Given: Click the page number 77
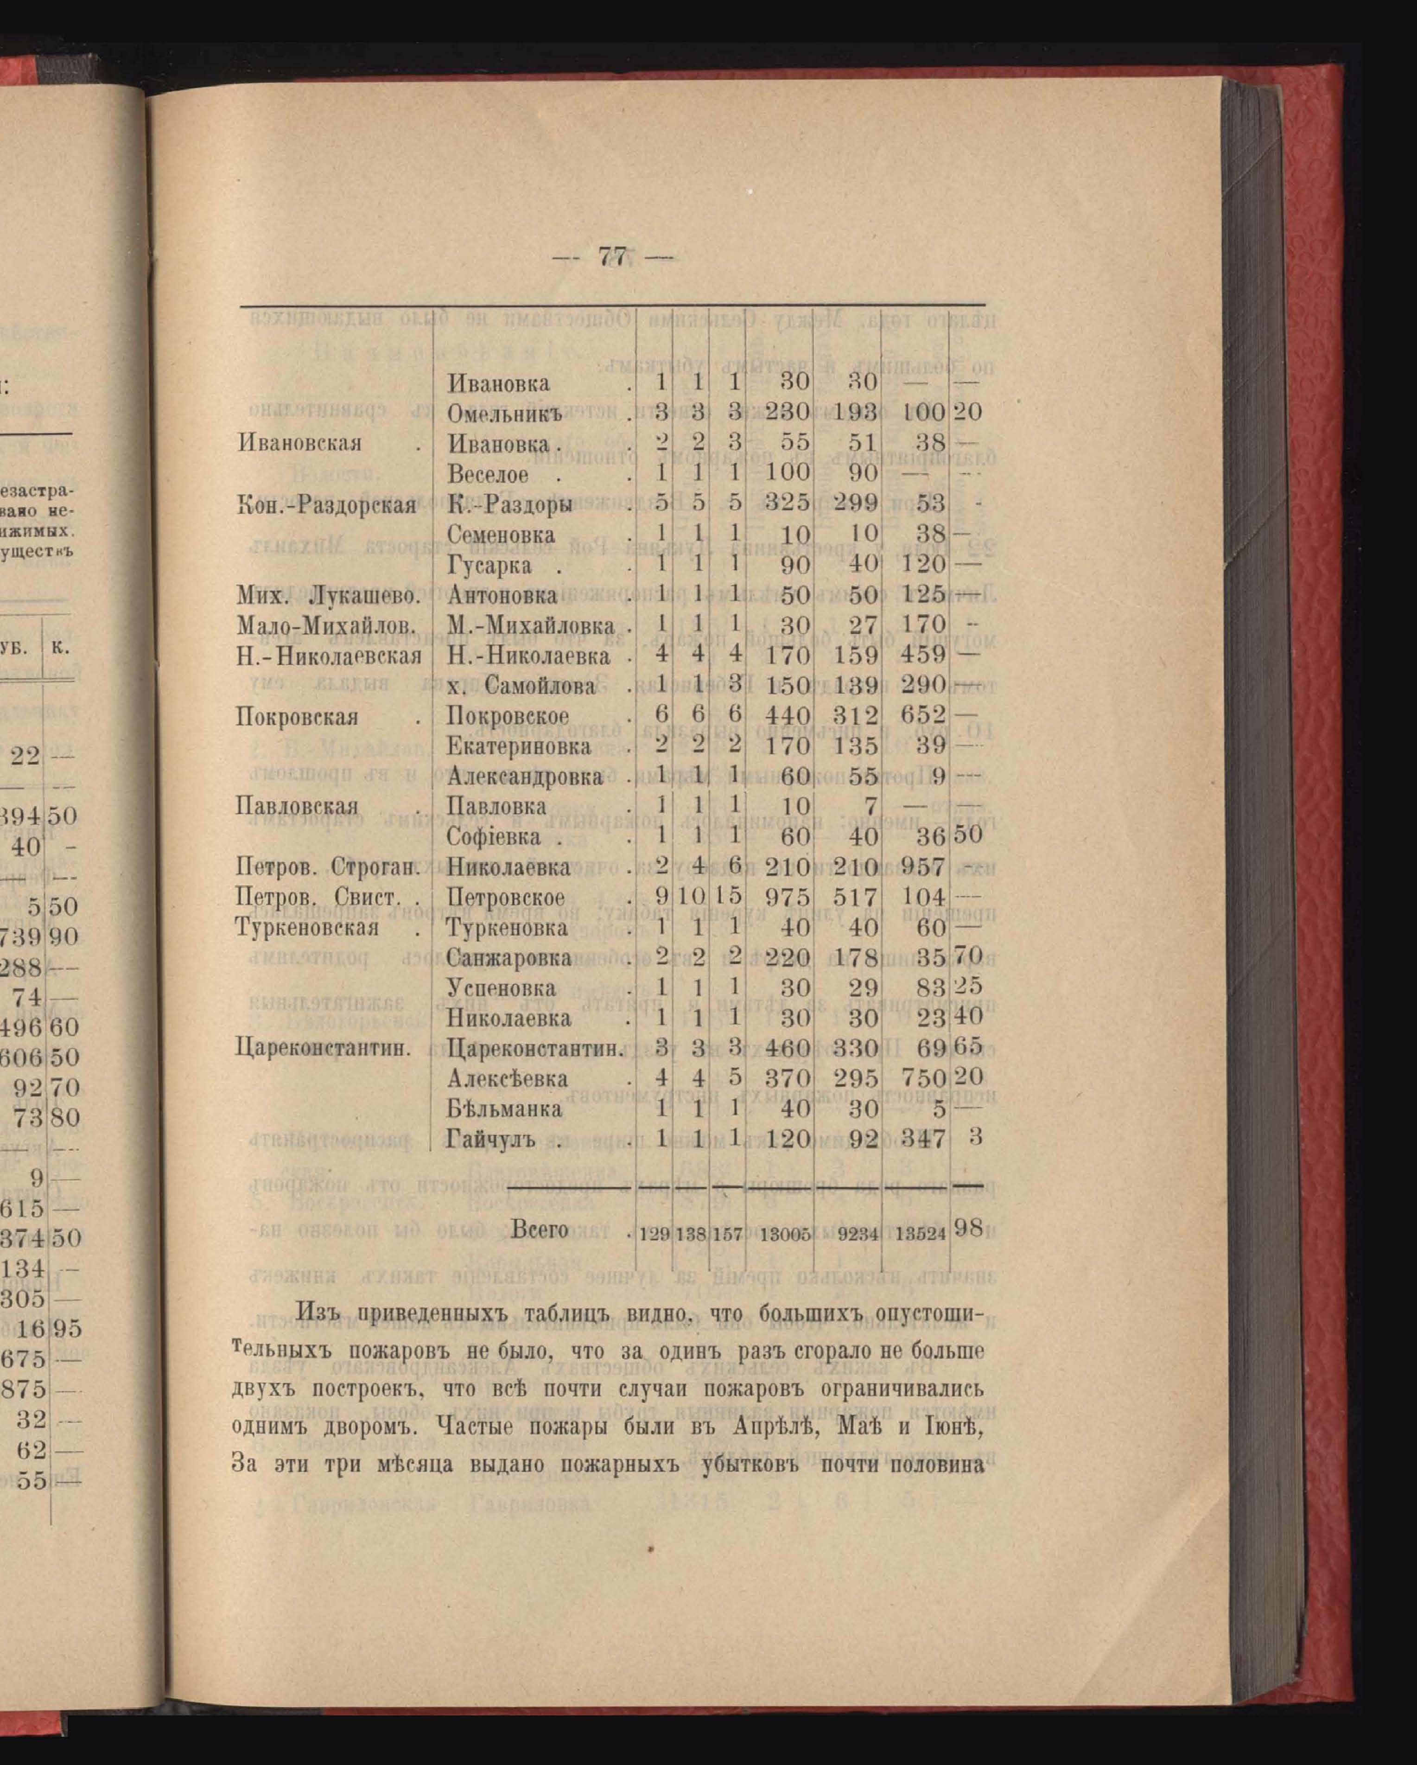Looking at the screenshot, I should pyautogui.click(x=612, y=257).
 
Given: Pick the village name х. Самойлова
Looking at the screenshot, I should pyautogui.click(x=530, y=686).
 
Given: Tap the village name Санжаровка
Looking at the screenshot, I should pyautogui.click(x=508, y=957).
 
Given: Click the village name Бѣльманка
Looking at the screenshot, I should pyautogui.click(x=504, y=1109).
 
